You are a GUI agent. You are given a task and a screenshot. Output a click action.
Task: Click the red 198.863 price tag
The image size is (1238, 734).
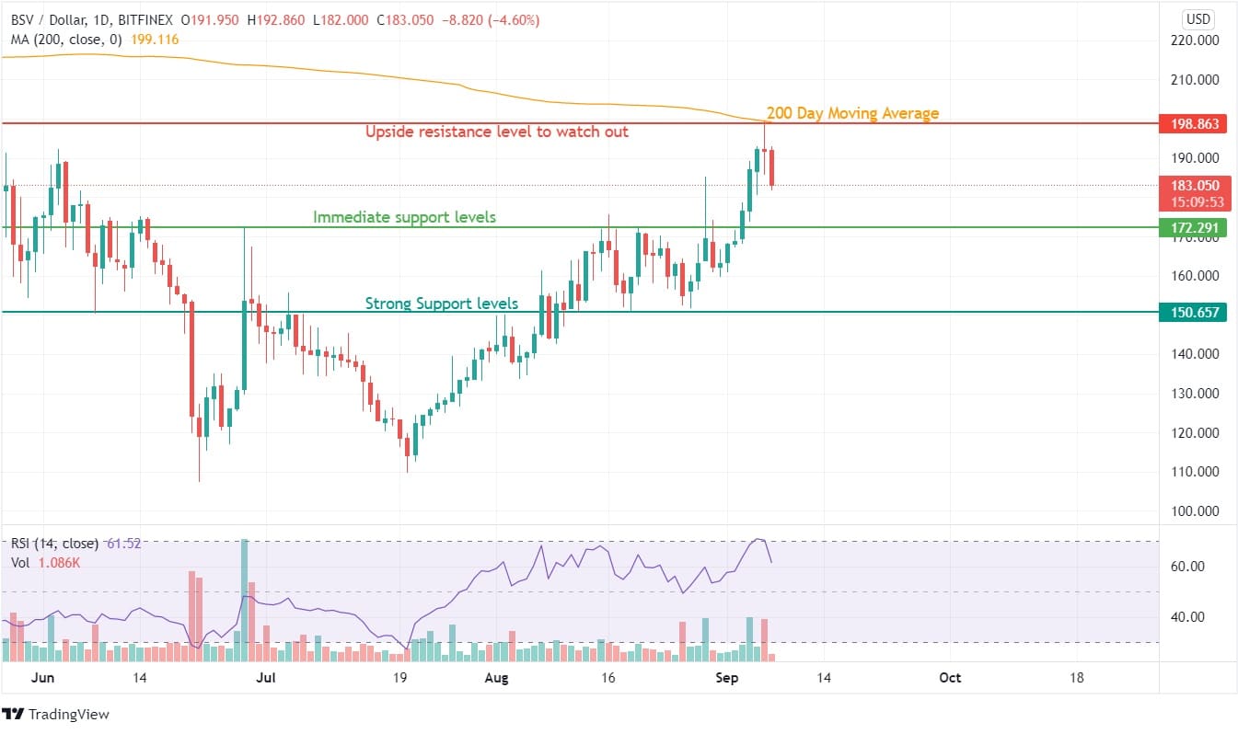click(1194, 123)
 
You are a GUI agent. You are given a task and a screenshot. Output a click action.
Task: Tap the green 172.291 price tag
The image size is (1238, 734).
click(1194, 227)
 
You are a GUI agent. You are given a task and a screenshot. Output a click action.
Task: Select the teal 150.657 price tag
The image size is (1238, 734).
click(1194, 313)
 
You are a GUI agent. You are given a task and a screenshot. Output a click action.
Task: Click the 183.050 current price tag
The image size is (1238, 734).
click(1194, 186)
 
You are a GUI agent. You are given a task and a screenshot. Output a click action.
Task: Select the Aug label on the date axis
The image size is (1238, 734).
click(496, 678)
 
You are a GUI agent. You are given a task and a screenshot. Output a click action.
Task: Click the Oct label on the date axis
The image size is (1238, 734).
click(949, 678)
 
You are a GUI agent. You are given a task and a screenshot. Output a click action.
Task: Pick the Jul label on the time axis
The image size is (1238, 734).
click(265, 678)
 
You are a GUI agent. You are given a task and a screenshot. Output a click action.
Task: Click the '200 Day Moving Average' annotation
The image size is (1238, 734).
click(852, 113)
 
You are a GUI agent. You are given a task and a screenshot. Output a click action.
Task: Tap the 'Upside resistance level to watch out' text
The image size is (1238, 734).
click(497, 132)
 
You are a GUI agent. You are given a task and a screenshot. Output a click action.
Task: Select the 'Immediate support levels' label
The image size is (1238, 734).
click(404, 217)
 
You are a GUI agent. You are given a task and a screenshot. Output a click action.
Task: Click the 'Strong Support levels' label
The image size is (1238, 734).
click(442, 303)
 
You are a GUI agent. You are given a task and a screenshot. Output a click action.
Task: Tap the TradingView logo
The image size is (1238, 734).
click(56, 715)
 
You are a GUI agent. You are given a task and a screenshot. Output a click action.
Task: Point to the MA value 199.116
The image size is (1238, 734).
click(156, 39)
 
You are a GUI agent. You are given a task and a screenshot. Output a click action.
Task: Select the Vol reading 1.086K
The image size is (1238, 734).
click(57, 562)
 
